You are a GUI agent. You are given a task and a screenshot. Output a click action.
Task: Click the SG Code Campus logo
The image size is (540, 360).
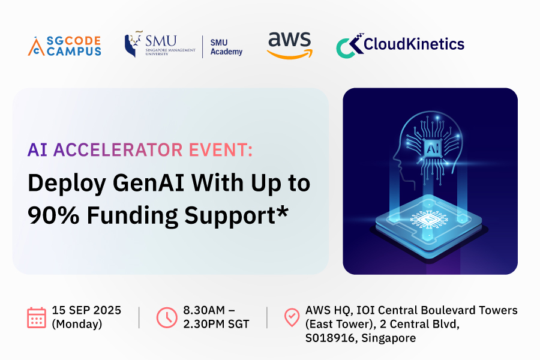pos(64,46)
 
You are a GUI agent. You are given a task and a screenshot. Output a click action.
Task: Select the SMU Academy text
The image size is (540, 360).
pos(226,47)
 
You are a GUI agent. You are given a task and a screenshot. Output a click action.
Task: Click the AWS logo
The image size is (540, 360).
pos(290,46)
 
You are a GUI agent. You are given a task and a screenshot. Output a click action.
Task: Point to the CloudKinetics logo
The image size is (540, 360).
pos(400,45)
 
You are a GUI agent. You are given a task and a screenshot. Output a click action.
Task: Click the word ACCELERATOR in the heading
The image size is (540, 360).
pos(118,150)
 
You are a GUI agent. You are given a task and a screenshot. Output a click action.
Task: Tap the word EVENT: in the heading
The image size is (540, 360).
pos(220,150)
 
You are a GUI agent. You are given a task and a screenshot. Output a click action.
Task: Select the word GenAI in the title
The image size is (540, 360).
pos(149,182)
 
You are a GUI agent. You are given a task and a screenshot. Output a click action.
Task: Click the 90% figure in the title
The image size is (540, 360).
pos(53,215)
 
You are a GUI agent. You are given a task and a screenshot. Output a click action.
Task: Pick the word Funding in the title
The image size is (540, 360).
pos(132,216)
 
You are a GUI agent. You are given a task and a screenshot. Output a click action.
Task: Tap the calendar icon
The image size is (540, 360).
pos(37,317)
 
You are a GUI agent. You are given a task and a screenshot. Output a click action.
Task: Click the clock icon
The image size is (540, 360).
pos(167,317)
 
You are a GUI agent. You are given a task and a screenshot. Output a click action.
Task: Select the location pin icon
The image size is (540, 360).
pos(292,317)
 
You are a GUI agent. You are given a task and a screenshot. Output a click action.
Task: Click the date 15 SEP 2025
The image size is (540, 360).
pos(86,310)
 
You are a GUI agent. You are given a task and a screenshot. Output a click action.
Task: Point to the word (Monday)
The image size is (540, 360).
pos(77,324)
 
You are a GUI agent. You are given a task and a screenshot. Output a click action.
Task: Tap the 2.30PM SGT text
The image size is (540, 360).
pos(216,324)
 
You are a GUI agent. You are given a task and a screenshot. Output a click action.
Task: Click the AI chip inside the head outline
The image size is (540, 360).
pos(433,148)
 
